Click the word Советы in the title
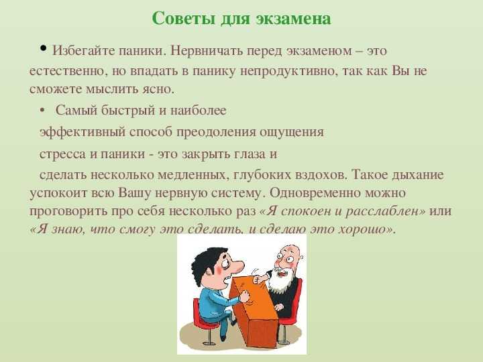click(x=183, y=19)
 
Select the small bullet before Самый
click(x=42, y=111)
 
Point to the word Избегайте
click(x=83, y=50)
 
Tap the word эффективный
click(x=83, y=132)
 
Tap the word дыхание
click(x=418, y=175)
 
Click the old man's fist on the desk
click(x=256, y=279)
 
